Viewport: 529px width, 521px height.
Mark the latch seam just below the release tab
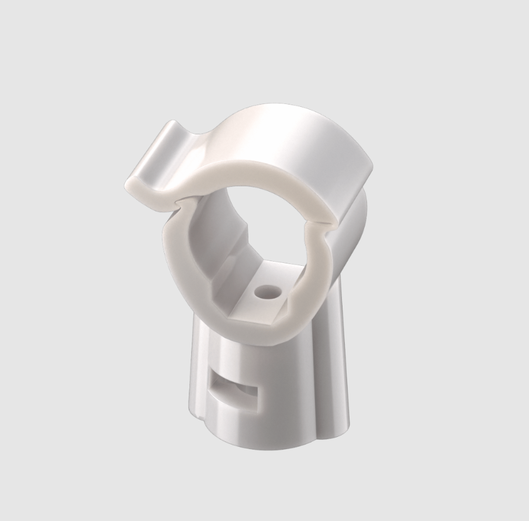(178, 201)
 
